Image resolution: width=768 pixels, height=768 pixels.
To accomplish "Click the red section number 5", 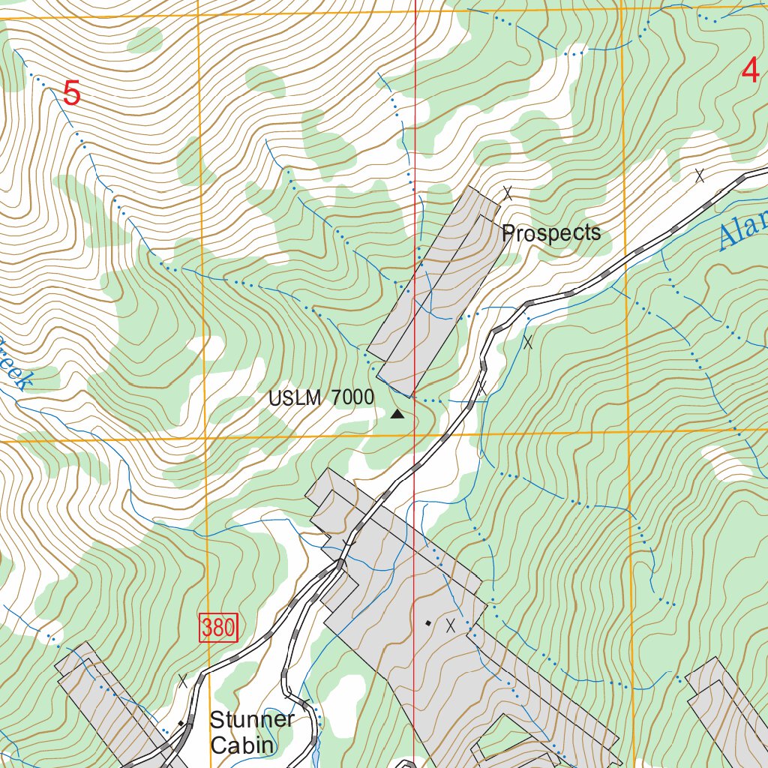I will (71, 94).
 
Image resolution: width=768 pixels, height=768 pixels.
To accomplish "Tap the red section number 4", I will (750, 72).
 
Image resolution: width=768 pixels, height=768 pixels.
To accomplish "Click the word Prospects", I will (551, 233).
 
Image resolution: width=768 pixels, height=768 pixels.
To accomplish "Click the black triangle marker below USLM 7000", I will (397, 413).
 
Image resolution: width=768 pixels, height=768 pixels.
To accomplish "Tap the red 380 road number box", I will (218, 628).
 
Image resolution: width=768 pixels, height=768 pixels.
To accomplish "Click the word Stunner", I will (252, 720).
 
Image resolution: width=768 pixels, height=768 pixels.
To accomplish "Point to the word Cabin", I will (242, 745).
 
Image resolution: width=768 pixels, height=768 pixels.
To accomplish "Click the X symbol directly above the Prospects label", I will (508, 193).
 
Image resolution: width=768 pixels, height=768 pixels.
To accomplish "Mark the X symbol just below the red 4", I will (700, 175).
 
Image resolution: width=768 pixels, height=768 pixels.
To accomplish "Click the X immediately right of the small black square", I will (451, 625).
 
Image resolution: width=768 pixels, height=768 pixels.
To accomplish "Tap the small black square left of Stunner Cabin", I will (181, 724).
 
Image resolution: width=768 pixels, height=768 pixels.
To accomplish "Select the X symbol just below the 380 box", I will (183, 681).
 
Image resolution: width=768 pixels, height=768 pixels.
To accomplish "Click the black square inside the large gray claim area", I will (428, 622).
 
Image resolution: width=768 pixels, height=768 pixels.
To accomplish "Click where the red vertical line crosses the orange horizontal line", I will (415, 434).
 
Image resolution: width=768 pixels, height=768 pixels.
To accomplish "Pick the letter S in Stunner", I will (216, 720).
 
